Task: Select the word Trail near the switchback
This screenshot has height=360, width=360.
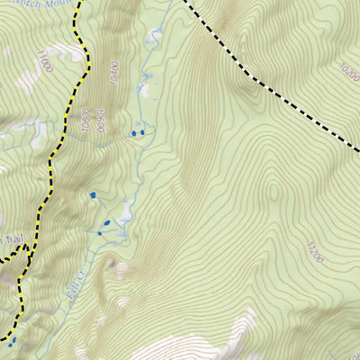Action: point(12,239)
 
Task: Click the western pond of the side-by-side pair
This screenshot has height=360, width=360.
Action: point(134,133)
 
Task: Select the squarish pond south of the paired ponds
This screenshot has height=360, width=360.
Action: point(92,194)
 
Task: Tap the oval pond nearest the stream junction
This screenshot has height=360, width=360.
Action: point(105,223)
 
